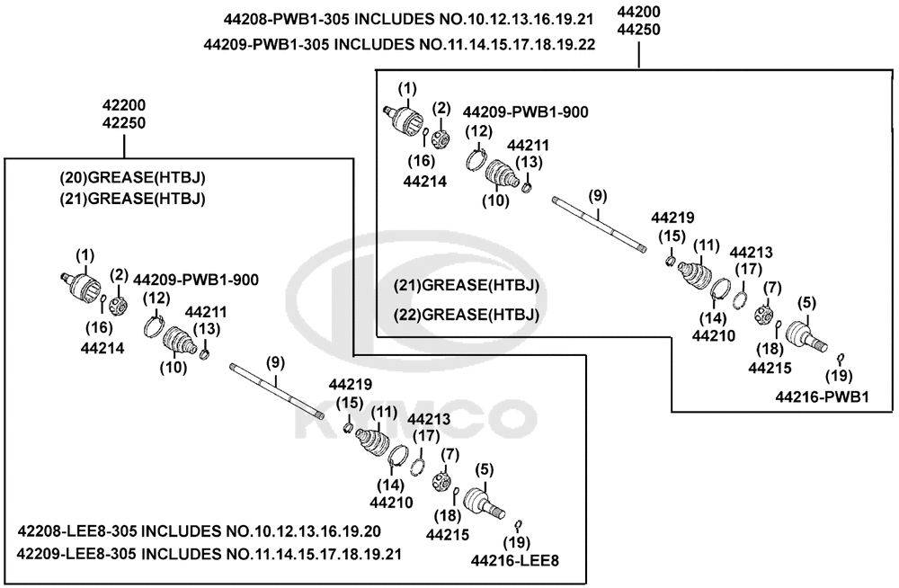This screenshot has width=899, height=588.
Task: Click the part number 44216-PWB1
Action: (x=823, y=396)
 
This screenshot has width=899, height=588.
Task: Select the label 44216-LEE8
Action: (x=515, y=560)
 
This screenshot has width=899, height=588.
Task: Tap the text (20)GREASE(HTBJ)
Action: (x=132, y=178)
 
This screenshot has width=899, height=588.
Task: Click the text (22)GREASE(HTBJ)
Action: (x=467, y=315)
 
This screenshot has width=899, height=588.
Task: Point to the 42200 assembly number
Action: (x=124, y=105)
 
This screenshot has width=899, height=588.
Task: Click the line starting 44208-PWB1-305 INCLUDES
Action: (x=408, y=20)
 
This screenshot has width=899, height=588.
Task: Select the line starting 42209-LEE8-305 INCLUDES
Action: (x=209, y=554)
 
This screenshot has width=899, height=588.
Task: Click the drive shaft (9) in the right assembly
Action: (x=600, y=224)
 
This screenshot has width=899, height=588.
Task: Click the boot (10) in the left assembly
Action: (x=180, y=342)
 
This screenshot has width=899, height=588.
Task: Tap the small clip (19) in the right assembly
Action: (x=840, y=359)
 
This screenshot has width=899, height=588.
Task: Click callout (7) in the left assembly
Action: (x=450, y=455)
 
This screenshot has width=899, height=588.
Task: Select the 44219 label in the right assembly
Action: (x=672, y=218)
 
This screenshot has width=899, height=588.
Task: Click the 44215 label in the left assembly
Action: (x=447, y=535)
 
